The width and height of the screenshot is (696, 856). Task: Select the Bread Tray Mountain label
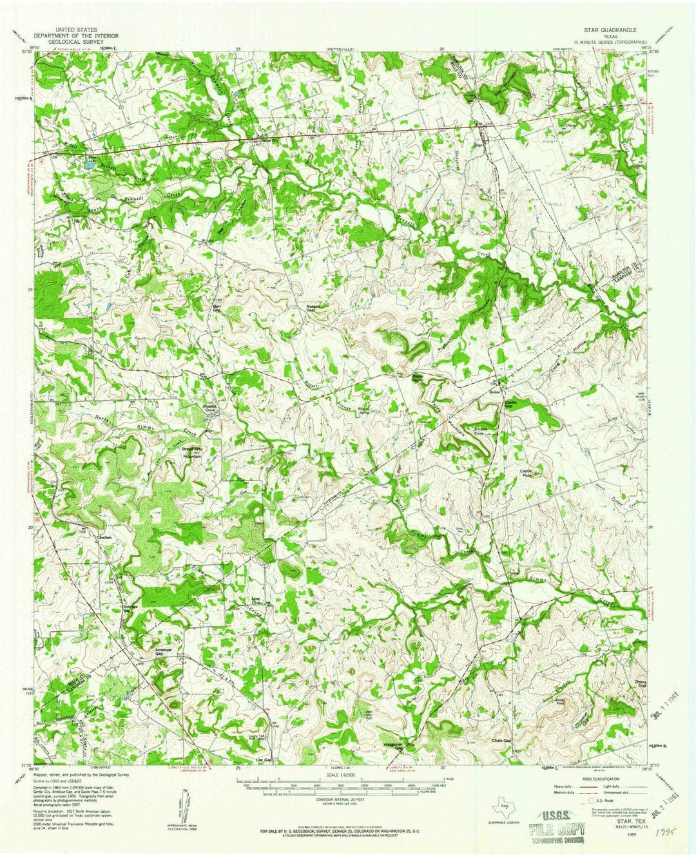point(192,453)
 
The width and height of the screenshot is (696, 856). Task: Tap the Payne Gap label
point(418,379)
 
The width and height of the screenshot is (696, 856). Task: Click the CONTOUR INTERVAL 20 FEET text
point(347,798)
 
